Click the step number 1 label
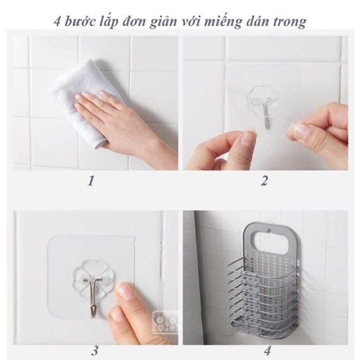point(91,181)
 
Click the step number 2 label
point(264,181)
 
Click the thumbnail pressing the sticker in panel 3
point(123,292)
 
